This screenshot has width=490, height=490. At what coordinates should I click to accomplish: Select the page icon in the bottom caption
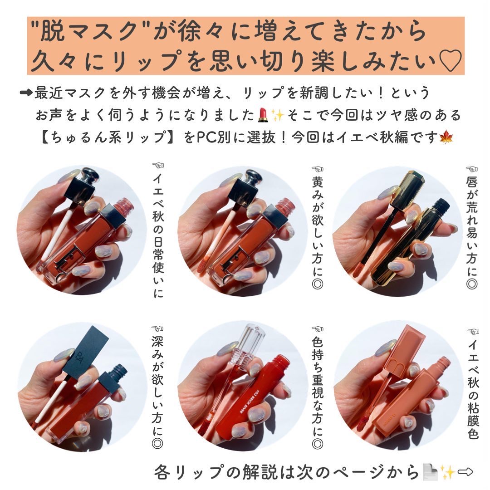tap(428, 472)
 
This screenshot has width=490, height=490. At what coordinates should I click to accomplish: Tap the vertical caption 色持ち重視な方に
tap(317, 386)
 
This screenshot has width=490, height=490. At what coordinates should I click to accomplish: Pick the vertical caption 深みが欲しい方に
tap(157, 386)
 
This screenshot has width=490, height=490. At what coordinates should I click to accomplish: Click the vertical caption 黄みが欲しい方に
tap(317, 231)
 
